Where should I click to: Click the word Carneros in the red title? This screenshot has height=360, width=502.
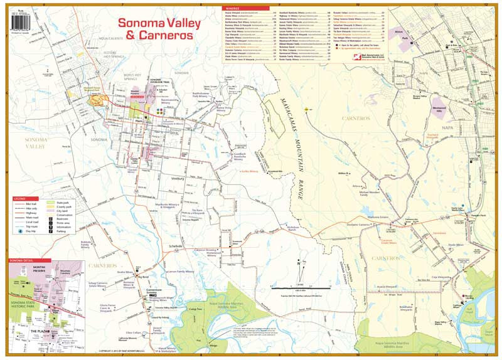click(x=168, y=36)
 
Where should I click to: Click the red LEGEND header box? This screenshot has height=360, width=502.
click(x=20, y=199)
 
